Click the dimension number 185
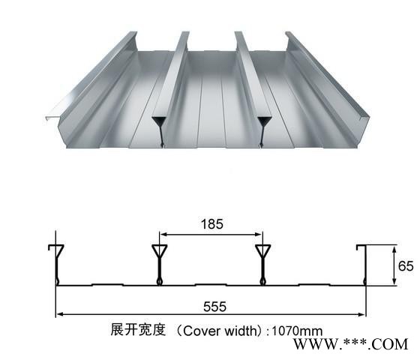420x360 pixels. tap(211, 224)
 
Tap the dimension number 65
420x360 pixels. tap(406, 266)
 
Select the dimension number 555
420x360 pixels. tap(214, 307)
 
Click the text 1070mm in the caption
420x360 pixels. tap(297, 331)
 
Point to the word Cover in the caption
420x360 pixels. tap(199, 331)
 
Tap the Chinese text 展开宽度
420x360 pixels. tap(138, 329)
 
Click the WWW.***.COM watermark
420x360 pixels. tap(350, 344)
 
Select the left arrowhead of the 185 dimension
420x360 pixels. tap(163, 235)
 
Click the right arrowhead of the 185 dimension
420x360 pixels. tap(259, 235)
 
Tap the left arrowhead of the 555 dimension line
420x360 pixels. tap(59, 314)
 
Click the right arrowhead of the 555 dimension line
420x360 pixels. tap(361, 314)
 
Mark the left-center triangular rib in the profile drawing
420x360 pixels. tap(159, 264)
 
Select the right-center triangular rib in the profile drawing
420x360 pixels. tap(262, 264)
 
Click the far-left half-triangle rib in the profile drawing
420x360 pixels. tap(57, 264)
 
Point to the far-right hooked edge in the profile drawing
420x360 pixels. tap(364, 264)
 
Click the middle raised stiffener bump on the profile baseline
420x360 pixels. tap(211, 284)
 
